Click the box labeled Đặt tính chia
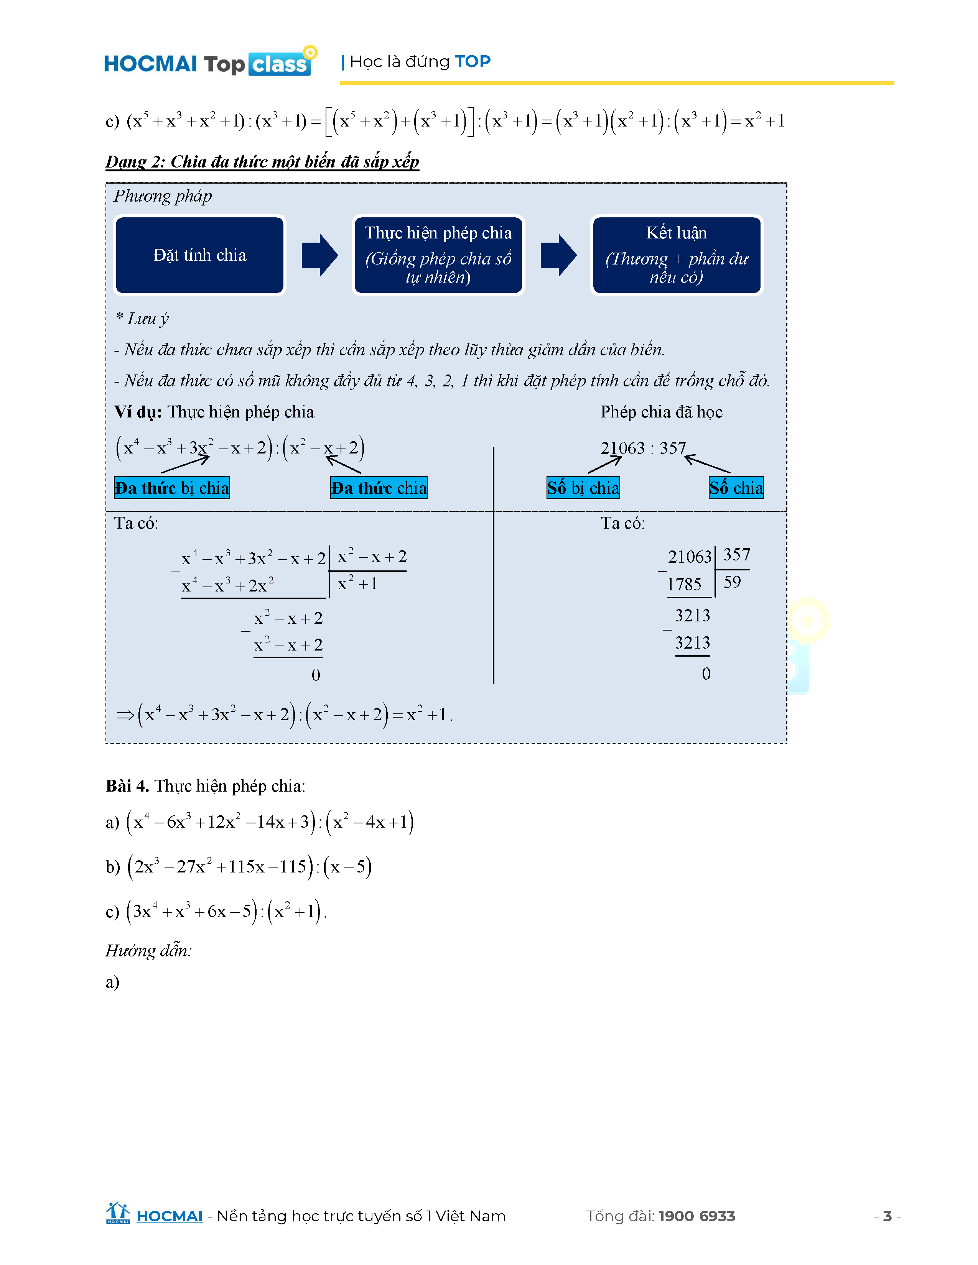coord(200,255)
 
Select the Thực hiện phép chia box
coord(438,255)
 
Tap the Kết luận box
coord(676,255)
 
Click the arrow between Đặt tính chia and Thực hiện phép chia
coord(319,255)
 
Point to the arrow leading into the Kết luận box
coord(558,255)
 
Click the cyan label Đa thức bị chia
coord(172,488)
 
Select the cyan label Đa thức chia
coord(379,488)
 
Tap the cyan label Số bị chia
coord(583,488)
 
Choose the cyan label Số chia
coord(736,488)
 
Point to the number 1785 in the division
coord(684,585)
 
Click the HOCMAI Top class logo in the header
coord(209,62)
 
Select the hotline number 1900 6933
coord(696,1216)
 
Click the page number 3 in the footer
coord(887,1216)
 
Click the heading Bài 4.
coord(127,786)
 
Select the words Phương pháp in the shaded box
coord(163,196)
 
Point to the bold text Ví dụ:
coord(138,412)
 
